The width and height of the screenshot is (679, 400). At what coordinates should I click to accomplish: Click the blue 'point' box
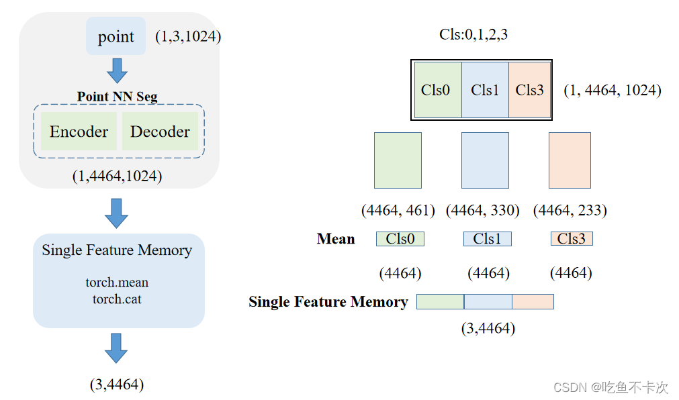[116, 36]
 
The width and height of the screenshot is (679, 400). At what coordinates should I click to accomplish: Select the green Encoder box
[79, 132]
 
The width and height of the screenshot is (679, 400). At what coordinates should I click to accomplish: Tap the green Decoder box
[160, 132]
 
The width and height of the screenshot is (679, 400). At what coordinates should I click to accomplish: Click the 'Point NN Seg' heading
[117, 97]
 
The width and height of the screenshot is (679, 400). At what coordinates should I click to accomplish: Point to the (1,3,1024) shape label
[187, 36]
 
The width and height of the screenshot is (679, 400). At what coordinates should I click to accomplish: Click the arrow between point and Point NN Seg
[117, 70]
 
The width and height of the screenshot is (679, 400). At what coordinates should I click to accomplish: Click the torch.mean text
[117, 283]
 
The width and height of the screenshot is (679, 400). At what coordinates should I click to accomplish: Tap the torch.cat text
[117, 299]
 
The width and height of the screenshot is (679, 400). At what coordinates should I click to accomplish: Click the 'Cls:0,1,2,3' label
[473, 35]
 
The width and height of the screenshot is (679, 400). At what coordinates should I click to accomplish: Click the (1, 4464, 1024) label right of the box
[612, 90]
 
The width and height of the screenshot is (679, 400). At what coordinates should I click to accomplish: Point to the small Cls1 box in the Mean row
[487, 239]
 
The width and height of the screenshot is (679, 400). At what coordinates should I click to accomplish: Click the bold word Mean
[336, 239]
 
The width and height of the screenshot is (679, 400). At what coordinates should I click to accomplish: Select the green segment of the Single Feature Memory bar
[440, 302]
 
